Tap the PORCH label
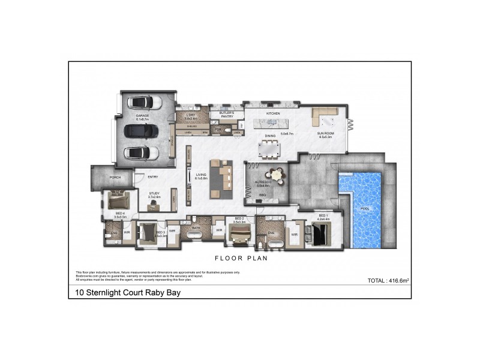pyautogui.click(x=115, y=178)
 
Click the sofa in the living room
pyautogui.click(x=226, y=178)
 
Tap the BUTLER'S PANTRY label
pyautogui.click(x=226, y=115)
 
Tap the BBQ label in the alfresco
pyautogui.click(x=262, y=195)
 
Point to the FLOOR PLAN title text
pyautogui.click(x=241, y=260)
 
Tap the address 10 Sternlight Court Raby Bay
pyautogui.click(x=124, y=293)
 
